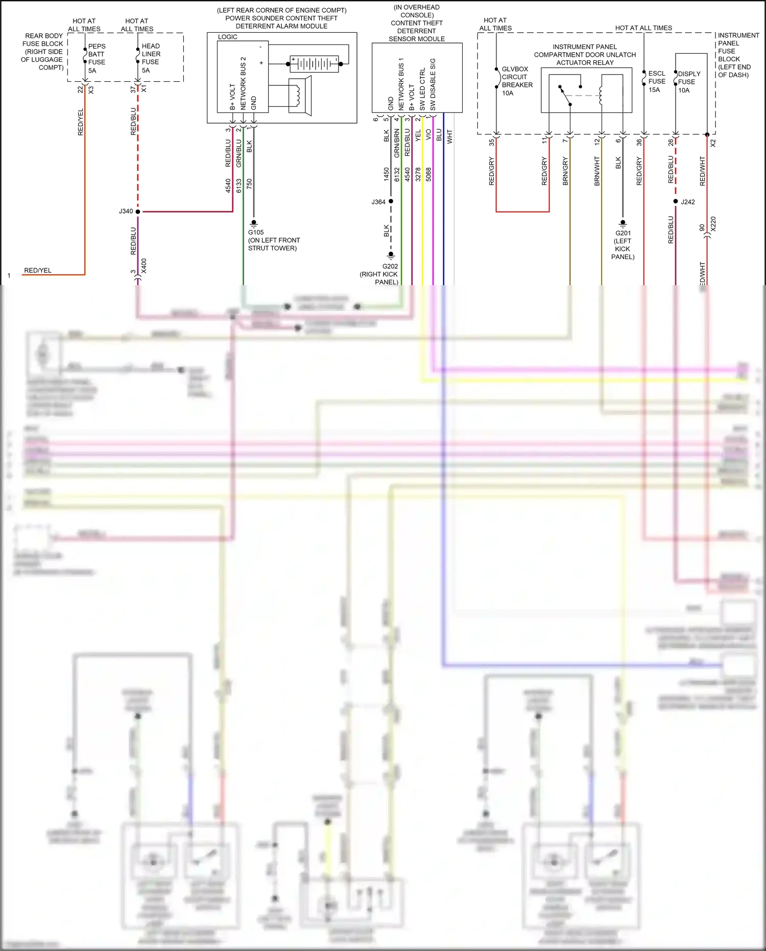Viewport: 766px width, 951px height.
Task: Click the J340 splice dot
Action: pyautogui.click(x=138, y=212)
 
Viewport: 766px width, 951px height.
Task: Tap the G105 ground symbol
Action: pyautogui.click(x=254, y=223)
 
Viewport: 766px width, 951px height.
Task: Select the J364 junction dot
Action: pyautogui.click(x=391, y=201)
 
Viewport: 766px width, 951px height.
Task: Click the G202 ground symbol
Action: pyautogui.click(x=391, y=255)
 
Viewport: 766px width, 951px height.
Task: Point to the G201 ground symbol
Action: pyautogui.click(x=623, y=223)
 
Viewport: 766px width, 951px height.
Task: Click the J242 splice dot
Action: pyautogui.click(x=676, y=201)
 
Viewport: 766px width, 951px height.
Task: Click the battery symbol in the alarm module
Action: pyautogui.click(x=314, y=64)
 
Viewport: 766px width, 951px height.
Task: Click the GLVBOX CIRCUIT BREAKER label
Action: pyautogui.click(x=516, y=81)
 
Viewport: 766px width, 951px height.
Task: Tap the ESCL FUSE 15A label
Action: pyautogui.click(x=656, y=81)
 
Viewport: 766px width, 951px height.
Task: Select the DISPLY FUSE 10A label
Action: pyautogui.click(x=688, y=82)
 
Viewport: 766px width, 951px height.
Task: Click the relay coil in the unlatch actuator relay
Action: pyautogui.click(x=601, y=96)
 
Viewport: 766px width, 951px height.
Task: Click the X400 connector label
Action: pyautogui.click(x=144, y=266)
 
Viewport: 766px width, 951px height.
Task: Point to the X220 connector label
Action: pyautogui.click(x=713, y=224)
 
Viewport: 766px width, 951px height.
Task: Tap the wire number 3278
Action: pyautogui.click(x=418, y=174)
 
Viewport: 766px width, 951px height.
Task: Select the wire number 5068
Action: pyautogui.click(x=428, y=174)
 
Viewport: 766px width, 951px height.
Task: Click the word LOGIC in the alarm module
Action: pyautogui.click(x=228, y=37)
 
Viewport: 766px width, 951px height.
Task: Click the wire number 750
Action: pyautogui.click(x=249, y=182)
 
